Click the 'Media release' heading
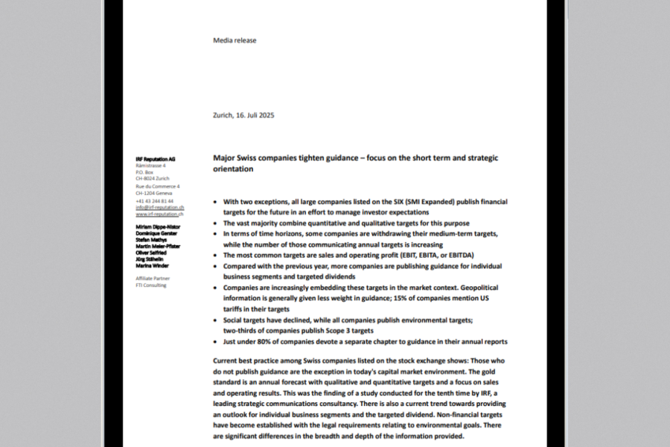[234, 40]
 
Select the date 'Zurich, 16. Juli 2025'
[243, 115]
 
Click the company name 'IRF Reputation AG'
[156, 159]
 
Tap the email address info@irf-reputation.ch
[159, 207]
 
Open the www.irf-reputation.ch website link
[159, 214]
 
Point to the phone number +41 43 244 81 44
[154, 201]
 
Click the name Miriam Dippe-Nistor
[157, 226]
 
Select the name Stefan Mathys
[151, 240]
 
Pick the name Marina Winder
[152, 265]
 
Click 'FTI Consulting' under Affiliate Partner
[151, 285]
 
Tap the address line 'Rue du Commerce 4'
[158, 186]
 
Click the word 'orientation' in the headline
[233, 169]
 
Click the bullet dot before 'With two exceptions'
[215, 202]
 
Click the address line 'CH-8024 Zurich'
[152, 179]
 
